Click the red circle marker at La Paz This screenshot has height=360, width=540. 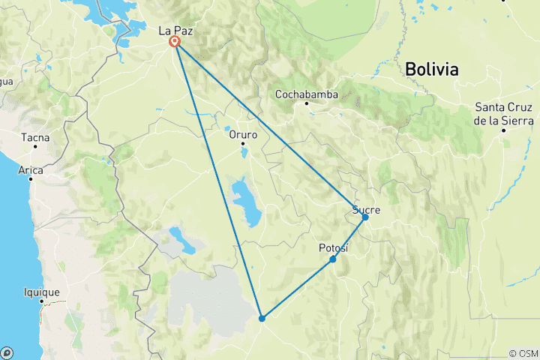pos(175,42)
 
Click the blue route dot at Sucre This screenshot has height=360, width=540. pos(365,217)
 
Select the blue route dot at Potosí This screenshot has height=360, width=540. pos(332,259)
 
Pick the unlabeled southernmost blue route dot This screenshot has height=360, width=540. pos(262,319)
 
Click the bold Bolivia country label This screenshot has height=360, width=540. pos(431,70)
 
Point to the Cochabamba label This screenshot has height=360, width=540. pos(306,94)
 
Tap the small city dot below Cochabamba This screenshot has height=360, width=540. pos(306,103)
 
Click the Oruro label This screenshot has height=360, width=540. pos(243,136)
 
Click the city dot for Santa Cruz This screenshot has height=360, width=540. pos(505,130)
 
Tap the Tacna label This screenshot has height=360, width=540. pos(35,138)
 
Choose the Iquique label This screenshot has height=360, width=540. pos(43,292)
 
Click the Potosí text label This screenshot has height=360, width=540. pos(333,247)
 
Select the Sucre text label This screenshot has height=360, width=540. pos(366,210)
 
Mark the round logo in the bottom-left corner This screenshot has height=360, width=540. pos(7,352)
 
